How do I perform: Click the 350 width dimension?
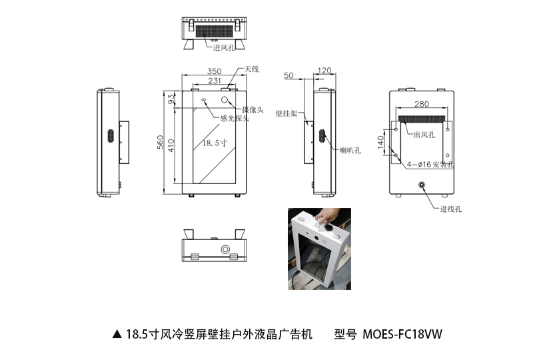(x=214, y=71)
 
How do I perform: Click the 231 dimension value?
(x=214, y=81)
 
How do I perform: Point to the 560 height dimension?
(x=160, y=143)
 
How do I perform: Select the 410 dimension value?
(x=171, y=145)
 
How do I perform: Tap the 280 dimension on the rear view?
(x=421, y=104)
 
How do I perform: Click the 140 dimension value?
(x=381, y=141)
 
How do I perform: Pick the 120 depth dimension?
(x=324, y=71)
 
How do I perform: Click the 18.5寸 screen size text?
(x=210, y=142)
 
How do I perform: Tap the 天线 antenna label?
(x=251, y=69)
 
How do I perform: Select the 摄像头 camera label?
(x=254, y=109)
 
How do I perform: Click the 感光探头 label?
(x=235, y=119)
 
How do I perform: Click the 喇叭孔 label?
(x=350, y=150)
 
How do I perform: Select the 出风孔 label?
(x=424, y=135)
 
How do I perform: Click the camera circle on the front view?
(x=227, y=101)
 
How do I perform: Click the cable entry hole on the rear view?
(x=421, y=185)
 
